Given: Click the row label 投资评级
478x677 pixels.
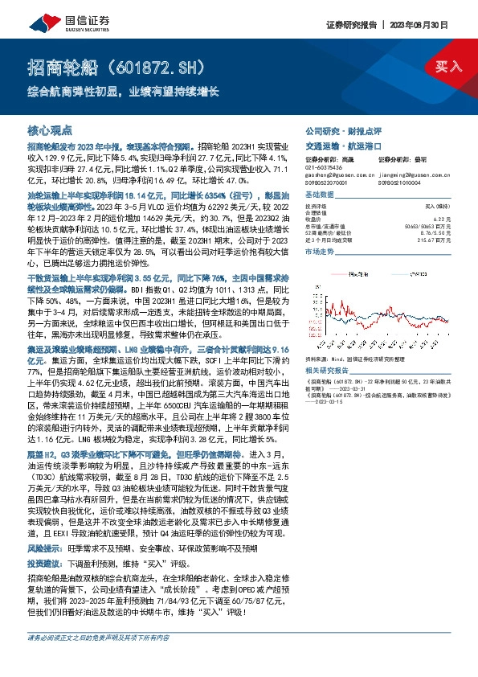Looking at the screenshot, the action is (314, 207).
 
